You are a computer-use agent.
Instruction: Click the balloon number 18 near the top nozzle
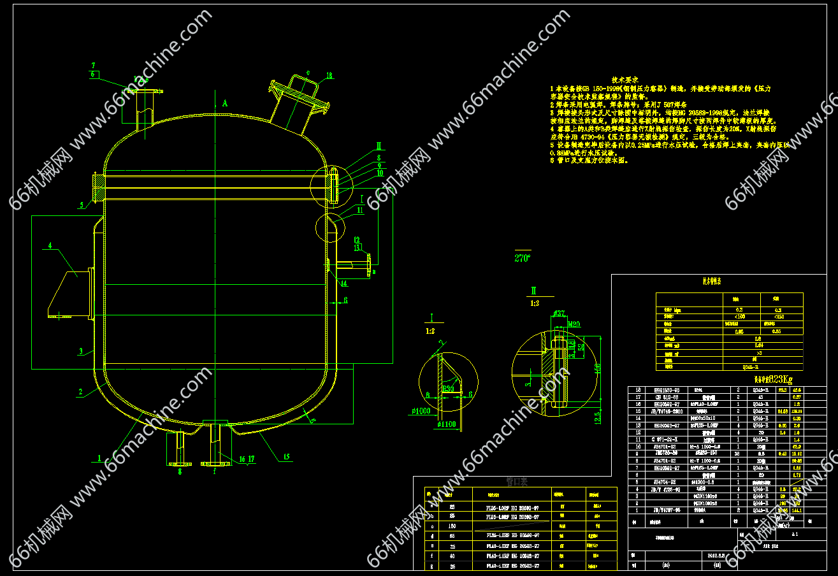click(x=329, y=75)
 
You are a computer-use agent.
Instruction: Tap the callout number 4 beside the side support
click(x=49, y=245)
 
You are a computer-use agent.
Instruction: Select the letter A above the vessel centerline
click(x=225, y=102)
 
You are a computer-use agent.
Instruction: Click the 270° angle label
click(x=522, y=258)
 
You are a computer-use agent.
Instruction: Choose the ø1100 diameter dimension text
click(x=447, y=423)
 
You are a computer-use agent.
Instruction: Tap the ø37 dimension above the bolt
click(x=559, y=313)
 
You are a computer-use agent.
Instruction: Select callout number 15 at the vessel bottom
click(x=286, y=456)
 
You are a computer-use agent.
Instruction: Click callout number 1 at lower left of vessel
click(x=99, y=457)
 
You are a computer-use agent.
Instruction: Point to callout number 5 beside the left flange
click(x=82, y=205)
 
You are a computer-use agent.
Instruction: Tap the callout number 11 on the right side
click(x=360, y=209)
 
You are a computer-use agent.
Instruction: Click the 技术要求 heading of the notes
click(x=625, y=78)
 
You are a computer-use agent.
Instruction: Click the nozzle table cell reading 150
click(x=452, y=526)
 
